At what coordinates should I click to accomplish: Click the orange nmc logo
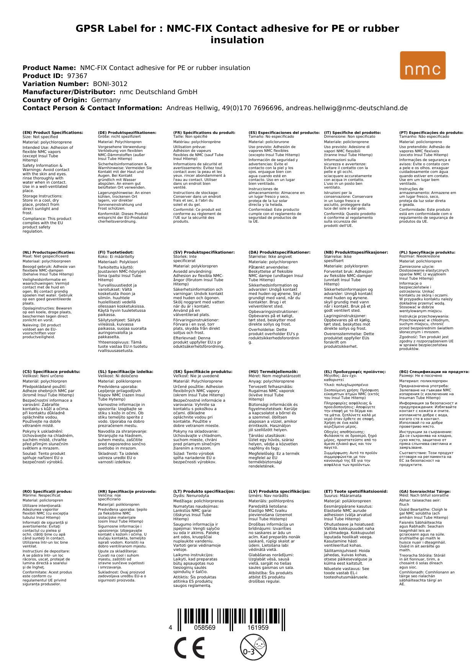click(x=423, y=66)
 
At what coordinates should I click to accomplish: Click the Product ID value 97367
click(x=77, y=76)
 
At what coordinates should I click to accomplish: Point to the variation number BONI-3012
click(x=110, y=84)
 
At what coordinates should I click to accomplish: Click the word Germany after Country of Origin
click(x=106, y=100)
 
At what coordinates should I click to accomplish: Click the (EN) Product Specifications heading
click(x=53, y=133)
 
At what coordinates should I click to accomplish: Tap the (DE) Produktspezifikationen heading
click(x=127, y=133)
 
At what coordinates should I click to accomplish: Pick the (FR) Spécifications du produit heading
click(x=204, y=133)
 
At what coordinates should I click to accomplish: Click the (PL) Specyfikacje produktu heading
click(x=427, y=252)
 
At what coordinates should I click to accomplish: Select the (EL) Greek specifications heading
click(x=355, y=371)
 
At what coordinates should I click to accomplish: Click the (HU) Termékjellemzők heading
click(x=273, y=371)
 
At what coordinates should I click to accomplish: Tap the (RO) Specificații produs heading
click(x=47, y=491)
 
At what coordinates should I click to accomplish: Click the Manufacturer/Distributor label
click(x=69, y=92)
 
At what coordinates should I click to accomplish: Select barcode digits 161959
click(x=258, y=628)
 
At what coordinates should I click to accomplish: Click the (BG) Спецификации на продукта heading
click(x=434, y=371)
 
